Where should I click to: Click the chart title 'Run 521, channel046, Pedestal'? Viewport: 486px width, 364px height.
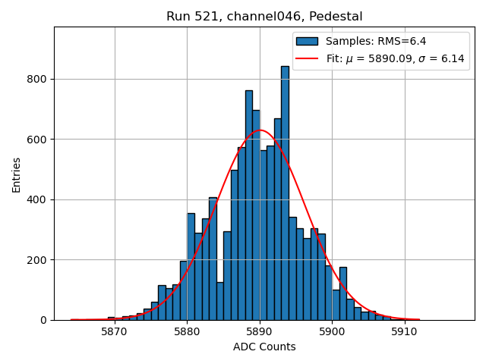tap(264, 16)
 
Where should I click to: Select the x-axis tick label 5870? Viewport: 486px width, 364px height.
tap(114, 332)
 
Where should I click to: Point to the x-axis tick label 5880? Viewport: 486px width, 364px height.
tap(187, 332)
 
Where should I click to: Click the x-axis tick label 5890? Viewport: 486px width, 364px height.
tap(260, 332)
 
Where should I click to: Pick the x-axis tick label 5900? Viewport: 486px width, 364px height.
tap(332, 332)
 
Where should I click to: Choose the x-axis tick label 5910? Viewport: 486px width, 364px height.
tap(405, 332)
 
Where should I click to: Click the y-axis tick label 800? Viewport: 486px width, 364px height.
tap(36, 79)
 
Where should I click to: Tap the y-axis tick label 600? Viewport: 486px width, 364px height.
tap(36, 140)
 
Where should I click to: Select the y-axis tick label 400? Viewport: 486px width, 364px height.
tap(36, 199)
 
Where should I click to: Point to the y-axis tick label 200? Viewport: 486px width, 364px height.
tap(36, 260)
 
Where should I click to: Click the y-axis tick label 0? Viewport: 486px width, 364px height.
tap(43, 320)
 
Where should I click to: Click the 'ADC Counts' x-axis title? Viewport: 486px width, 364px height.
tap(264, 347)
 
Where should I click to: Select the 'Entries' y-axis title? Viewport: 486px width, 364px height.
tap(17, 174)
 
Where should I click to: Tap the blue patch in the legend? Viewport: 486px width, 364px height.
tap(308, 41)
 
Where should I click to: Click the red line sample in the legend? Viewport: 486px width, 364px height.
tap(308, 58)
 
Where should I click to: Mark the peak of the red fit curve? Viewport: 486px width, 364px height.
tap(260, 130)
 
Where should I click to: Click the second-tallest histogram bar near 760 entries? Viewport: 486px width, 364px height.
tap(249, 205)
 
